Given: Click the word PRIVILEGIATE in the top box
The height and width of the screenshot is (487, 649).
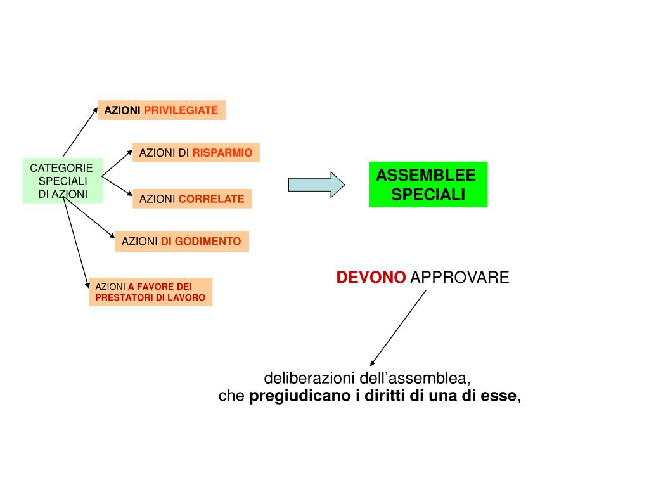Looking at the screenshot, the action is (181, 110).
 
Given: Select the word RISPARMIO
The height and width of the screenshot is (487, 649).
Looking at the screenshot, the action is (222, 153).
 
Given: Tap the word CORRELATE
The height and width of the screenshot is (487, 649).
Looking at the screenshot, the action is (211, 199).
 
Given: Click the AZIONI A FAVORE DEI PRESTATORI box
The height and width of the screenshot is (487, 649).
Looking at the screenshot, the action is (150, 292).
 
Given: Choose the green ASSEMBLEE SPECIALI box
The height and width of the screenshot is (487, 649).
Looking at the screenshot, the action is (428, 185).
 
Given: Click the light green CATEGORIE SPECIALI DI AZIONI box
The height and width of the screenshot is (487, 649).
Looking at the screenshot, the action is (62, 181).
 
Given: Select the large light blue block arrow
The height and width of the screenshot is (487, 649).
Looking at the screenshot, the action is (316, 185).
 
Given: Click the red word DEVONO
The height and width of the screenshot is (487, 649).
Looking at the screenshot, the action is (371, 278).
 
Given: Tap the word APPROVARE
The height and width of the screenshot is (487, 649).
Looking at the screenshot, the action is (459, 278).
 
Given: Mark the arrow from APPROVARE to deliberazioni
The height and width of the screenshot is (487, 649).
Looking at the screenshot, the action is (398, 327).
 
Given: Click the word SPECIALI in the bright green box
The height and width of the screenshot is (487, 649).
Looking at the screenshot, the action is (428, 194).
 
